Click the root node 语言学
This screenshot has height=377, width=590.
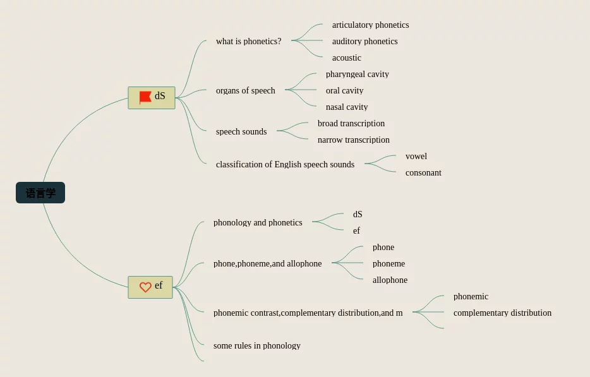(x=40, y=193)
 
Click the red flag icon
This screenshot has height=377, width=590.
(x=145, y=97)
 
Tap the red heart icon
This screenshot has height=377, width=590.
(x=145, y=287)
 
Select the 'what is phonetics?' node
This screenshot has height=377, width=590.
(x=248, y=41)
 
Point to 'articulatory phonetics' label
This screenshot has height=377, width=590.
(x=370, y=25)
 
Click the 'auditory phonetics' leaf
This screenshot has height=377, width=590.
(x=364, y=41)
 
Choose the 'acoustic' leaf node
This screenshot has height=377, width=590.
(x=347, y=57)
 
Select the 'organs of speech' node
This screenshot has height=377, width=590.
(x=245, y=90)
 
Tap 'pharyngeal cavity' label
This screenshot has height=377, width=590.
(x=357, y=74)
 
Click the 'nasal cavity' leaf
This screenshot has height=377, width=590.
(x=347, y=107)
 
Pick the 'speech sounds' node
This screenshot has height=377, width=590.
(x=241, y=131)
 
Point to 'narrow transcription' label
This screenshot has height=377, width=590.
(x=353, y=140)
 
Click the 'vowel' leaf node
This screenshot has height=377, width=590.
(x=416, y=156)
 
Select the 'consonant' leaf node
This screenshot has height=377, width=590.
(x=423, y=172)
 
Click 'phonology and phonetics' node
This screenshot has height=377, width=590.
(x=258, y=222)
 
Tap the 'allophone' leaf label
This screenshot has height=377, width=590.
(x=390, y=280)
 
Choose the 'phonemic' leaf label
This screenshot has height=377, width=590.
(x=471, y=296)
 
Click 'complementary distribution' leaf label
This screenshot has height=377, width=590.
(x=502, y=313)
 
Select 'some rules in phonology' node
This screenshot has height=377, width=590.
(x=256, y=345)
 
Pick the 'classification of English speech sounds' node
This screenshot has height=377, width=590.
(x=285, y=164)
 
